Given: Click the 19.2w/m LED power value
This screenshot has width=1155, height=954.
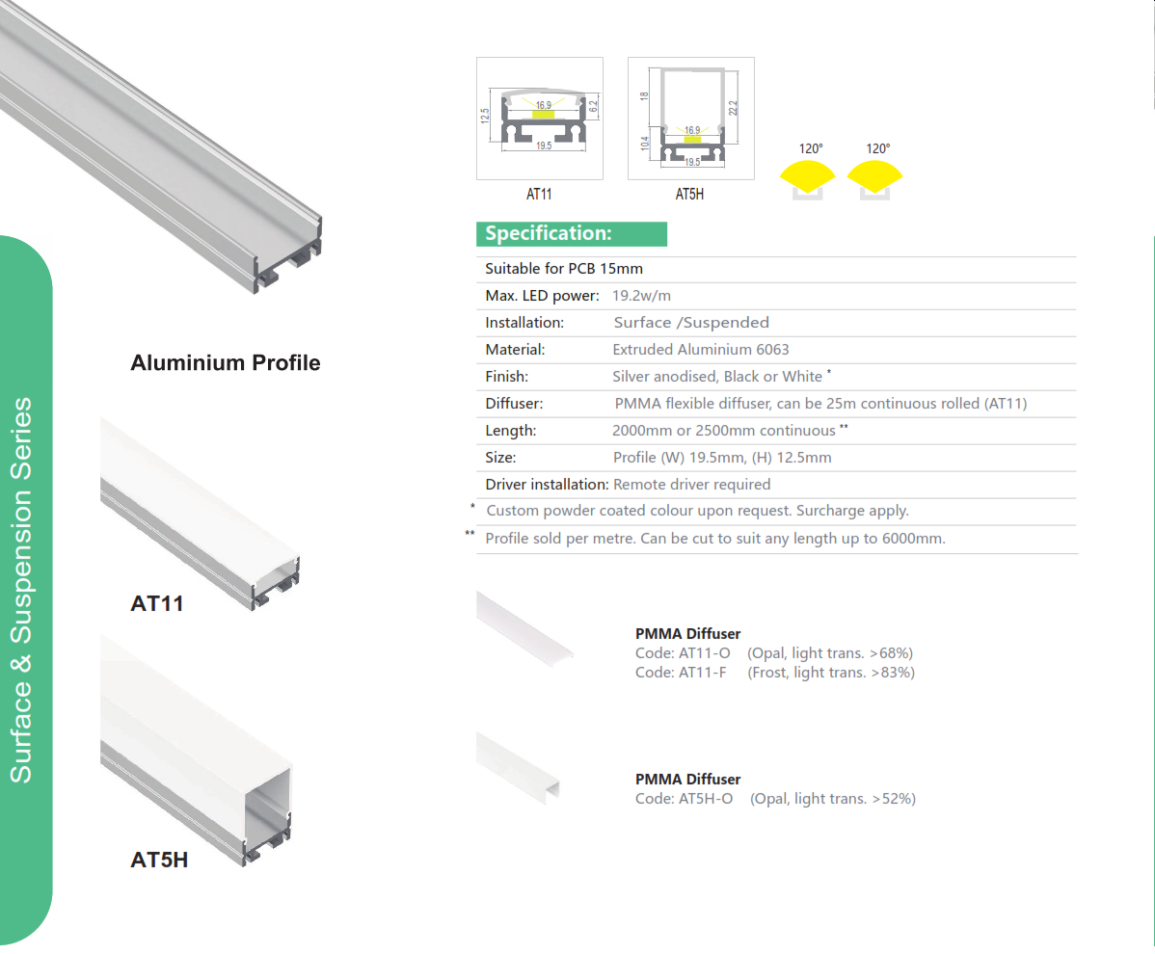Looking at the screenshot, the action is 641,296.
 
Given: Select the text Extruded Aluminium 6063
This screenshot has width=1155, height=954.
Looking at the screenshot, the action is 701,350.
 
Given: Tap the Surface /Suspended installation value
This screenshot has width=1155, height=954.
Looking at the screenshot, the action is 691,323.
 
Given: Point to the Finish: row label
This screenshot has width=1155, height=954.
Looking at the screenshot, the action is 507,377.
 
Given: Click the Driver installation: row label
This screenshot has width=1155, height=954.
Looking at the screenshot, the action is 547,485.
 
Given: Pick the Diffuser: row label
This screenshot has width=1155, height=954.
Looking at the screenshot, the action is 514,404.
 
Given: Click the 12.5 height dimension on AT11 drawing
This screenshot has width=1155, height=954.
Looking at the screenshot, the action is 485,116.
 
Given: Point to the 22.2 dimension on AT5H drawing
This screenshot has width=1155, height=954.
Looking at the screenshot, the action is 733,108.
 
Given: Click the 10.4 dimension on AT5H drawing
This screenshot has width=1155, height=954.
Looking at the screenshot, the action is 645,144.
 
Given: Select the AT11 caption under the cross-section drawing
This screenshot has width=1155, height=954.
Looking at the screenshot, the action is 539,195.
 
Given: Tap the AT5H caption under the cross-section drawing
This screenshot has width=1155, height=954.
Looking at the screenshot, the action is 689,195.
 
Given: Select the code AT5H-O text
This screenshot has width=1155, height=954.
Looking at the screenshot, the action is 685,799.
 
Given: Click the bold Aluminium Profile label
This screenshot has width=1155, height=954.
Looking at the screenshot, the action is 226,363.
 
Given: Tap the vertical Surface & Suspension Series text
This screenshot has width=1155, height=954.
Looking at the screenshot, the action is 20,591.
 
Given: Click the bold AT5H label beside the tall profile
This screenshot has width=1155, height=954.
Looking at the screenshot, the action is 159,860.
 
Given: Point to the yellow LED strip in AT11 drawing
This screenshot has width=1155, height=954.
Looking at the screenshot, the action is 543,115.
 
